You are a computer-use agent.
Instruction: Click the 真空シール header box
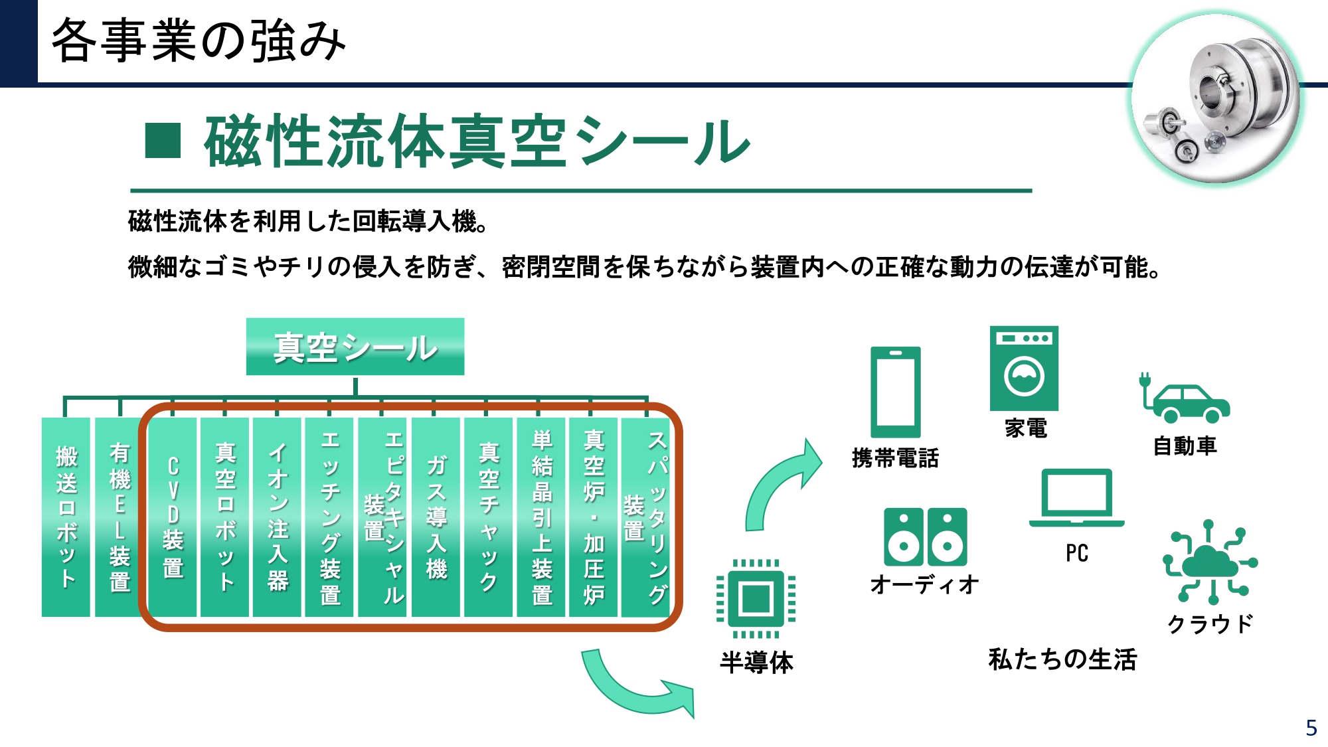(x=355, y=347)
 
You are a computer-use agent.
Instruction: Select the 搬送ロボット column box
(x=66, y=517)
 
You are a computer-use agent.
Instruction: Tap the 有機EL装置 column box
(x=119, y=517)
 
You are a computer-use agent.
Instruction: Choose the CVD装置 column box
(x=173, y=517)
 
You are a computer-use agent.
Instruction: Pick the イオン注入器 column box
(x=278, y=517)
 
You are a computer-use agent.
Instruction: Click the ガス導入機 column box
(x=436, y=517)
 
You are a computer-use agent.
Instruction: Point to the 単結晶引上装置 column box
(x=541, y=517)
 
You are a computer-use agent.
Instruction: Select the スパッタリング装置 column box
(x=646, y=517)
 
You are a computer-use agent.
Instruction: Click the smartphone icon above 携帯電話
(x=896, y=392)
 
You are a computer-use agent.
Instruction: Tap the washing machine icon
(x=1024, y=369)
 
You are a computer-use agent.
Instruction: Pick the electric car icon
(x=1185, y=398)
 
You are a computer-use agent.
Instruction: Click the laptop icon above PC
(x=1077, y=498)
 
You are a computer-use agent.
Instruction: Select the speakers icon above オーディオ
(x=926, y=537)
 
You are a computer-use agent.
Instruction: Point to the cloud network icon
(x=1210, y=562)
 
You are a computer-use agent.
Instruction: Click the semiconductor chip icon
(x=756, y=598)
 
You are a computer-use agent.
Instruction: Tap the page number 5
(x=1311, y=728)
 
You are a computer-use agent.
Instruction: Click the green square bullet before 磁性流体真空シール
(x=163, y=140)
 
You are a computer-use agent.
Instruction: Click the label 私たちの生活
(x=1062, y=659)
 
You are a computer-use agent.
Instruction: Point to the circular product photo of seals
(x=1216, y=98)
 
